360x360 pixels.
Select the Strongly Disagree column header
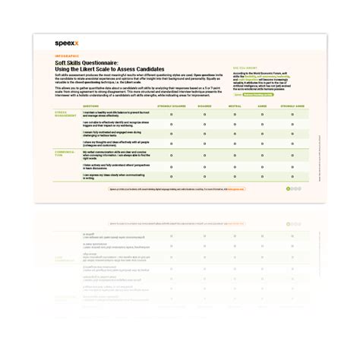173,107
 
